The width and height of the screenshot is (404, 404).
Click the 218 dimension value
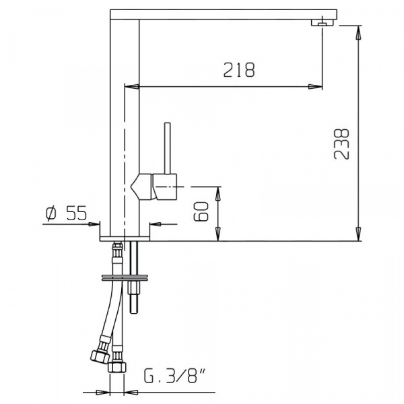pos(239,69)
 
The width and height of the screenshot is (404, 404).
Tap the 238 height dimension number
pos(341,144)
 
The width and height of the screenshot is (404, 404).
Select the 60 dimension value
pos(201,211)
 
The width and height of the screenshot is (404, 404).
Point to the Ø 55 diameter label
pos(66,213)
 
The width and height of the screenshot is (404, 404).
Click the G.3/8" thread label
pos(174,376)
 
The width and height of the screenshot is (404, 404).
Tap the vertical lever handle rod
pos(168,148)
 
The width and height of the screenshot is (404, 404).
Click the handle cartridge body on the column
pos(154,187)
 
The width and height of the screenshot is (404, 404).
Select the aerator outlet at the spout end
pos(323,23)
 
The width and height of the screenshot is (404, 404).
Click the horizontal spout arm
pos(224,14)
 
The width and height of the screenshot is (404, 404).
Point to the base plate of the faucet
pos(125,238)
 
